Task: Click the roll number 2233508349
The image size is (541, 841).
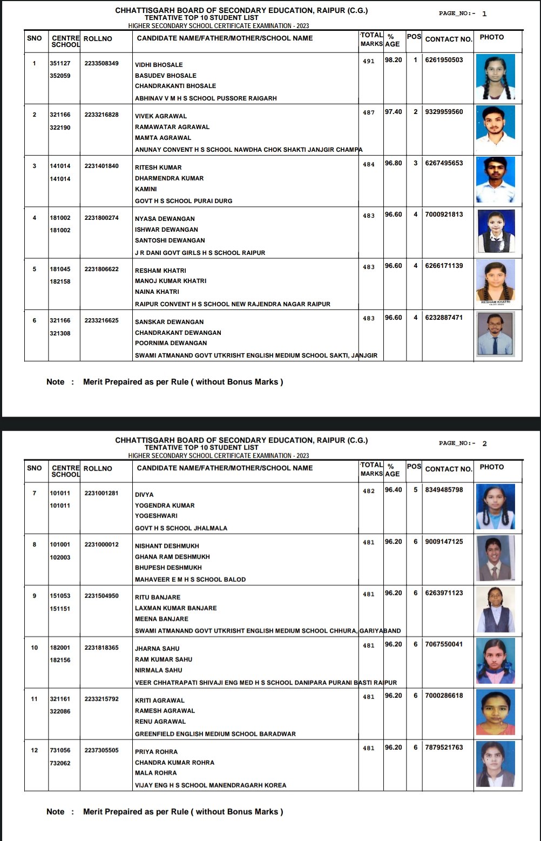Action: coord(102,63)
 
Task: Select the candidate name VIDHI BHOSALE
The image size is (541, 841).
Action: coord(159,65)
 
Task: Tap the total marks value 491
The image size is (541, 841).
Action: coord(369,61)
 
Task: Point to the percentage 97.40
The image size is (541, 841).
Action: coord(393,112)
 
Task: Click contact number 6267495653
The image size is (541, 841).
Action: coord(444,163)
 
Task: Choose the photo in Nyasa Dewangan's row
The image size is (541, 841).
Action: coord(496,231)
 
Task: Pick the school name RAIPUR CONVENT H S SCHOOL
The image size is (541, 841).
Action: coord(232,304)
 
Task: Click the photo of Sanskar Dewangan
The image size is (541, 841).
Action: coord(496,334)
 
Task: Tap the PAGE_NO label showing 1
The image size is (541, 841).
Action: coord(463,14)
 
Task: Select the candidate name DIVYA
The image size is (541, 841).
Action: coord(144,495)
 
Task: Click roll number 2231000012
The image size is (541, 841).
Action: coord(102,544)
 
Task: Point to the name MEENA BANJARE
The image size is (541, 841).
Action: coord(161,619)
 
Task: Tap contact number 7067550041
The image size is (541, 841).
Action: coord(444,644)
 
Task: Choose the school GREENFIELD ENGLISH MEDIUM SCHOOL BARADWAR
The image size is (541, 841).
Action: coord(215,734)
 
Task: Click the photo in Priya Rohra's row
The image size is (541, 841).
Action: coord(496,764)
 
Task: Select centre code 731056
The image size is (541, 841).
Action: coord(60,750)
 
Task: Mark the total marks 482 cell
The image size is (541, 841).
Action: coord(369,491)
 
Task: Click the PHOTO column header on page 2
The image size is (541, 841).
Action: coord(491,467)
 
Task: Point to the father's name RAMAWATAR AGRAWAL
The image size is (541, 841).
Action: coord(172,127)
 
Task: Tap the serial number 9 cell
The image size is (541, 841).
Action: coord(35,596)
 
